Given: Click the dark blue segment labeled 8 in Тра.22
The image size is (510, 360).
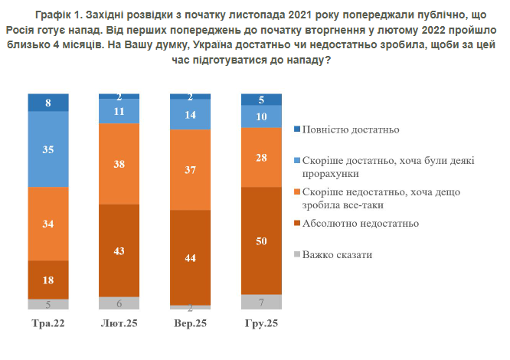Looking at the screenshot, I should pyautogui.click(x=48, y=102).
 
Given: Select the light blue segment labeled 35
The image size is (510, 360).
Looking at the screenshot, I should pyautogui.click(x=48, y=149).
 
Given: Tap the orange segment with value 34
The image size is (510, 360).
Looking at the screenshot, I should pyautogui.click(x=48, y=224).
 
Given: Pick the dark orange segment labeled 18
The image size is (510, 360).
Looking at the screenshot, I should pyautogui.click(x=48, y=280).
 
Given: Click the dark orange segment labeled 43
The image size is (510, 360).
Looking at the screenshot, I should pyautogui.click(x=119, y=250).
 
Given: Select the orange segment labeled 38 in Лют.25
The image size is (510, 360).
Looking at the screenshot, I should pyautogui.click(x=119, y=164).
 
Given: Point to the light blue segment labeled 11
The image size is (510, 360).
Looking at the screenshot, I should pyautogui.click(x=119, y=111).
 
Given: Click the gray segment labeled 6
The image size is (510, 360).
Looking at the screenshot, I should pyautogui.click(x=119, y=303).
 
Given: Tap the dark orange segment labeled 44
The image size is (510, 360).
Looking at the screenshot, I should pyautogui.click(x=190, y=257).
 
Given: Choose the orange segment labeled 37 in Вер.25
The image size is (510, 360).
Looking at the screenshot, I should pyautogui.click(x=190, y=169).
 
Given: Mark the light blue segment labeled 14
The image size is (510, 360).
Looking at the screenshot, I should pyautogui.click(x=190, y=114).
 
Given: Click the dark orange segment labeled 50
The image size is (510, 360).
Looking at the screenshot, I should pyautogui.click(x=261, y=241).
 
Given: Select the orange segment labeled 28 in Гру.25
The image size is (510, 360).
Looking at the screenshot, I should pyautogui.click(x=261, y=157).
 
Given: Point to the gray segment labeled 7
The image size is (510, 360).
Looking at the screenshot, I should pyautogui.click(x=261, y=301).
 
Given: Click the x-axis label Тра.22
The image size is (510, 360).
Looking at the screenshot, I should pyautogui.click(x=48, y=324).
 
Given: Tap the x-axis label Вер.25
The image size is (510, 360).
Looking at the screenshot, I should pyautogui.click(x=190, y=324).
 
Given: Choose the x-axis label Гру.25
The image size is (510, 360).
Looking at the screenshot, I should pyautogui.click(x=261, y=324).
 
